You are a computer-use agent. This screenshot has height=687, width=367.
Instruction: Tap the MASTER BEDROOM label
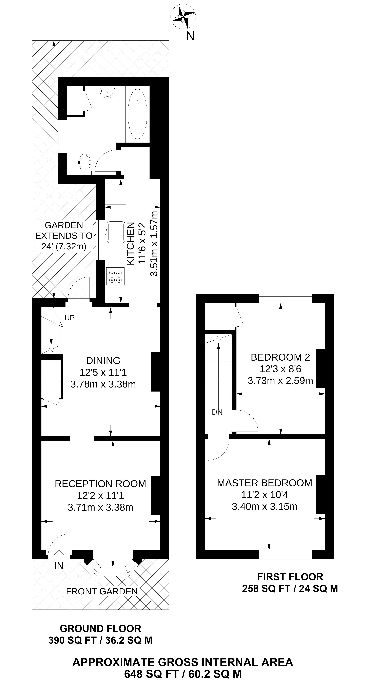[264, 483]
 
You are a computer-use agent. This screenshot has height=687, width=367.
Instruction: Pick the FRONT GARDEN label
[102, 591]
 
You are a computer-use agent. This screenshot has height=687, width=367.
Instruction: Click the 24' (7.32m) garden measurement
[64, 246]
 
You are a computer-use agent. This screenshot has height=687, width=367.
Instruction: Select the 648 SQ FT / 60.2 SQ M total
[183, 674]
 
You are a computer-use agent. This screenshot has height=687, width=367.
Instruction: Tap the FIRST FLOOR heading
[290, 577]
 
